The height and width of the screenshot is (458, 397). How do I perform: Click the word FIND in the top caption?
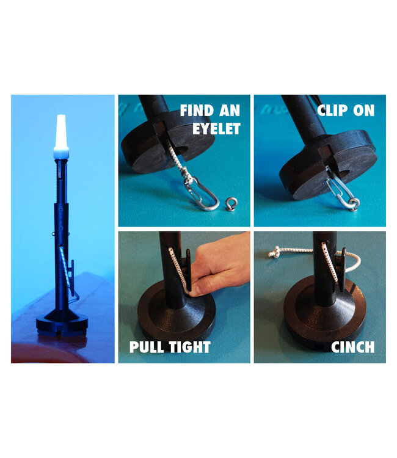tap(195, 111)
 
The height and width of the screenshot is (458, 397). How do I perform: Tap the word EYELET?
tap(217, 128)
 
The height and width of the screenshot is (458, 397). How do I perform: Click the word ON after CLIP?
tap(364, 111)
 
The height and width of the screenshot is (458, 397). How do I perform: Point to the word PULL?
tap(147, 347)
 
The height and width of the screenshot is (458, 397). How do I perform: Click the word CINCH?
tap(352, 347)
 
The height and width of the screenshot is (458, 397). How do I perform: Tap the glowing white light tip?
tap(60, 131)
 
